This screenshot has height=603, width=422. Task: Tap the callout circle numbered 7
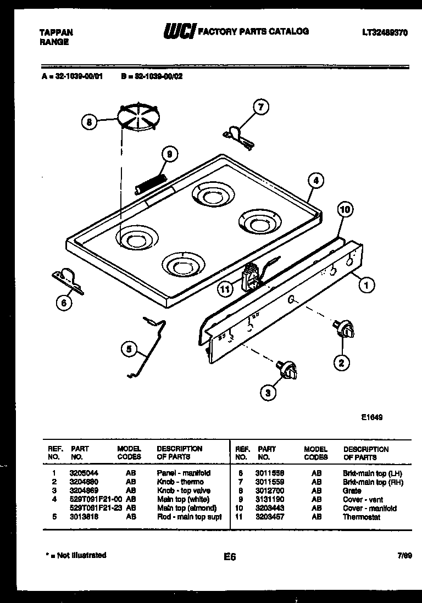(x=260, y=108)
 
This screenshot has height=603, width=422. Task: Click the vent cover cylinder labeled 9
(x=151, y=183)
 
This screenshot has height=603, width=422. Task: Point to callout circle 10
(x=345, y=209)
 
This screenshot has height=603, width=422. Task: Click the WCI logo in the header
(x=179, y=32)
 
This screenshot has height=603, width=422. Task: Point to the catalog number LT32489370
(x=385, y=32)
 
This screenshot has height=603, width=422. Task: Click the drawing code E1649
(x=371, y=417)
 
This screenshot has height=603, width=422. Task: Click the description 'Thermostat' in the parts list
(x=361, y=517)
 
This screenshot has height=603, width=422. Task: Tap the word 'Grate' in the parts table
(x=352, y=490)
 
